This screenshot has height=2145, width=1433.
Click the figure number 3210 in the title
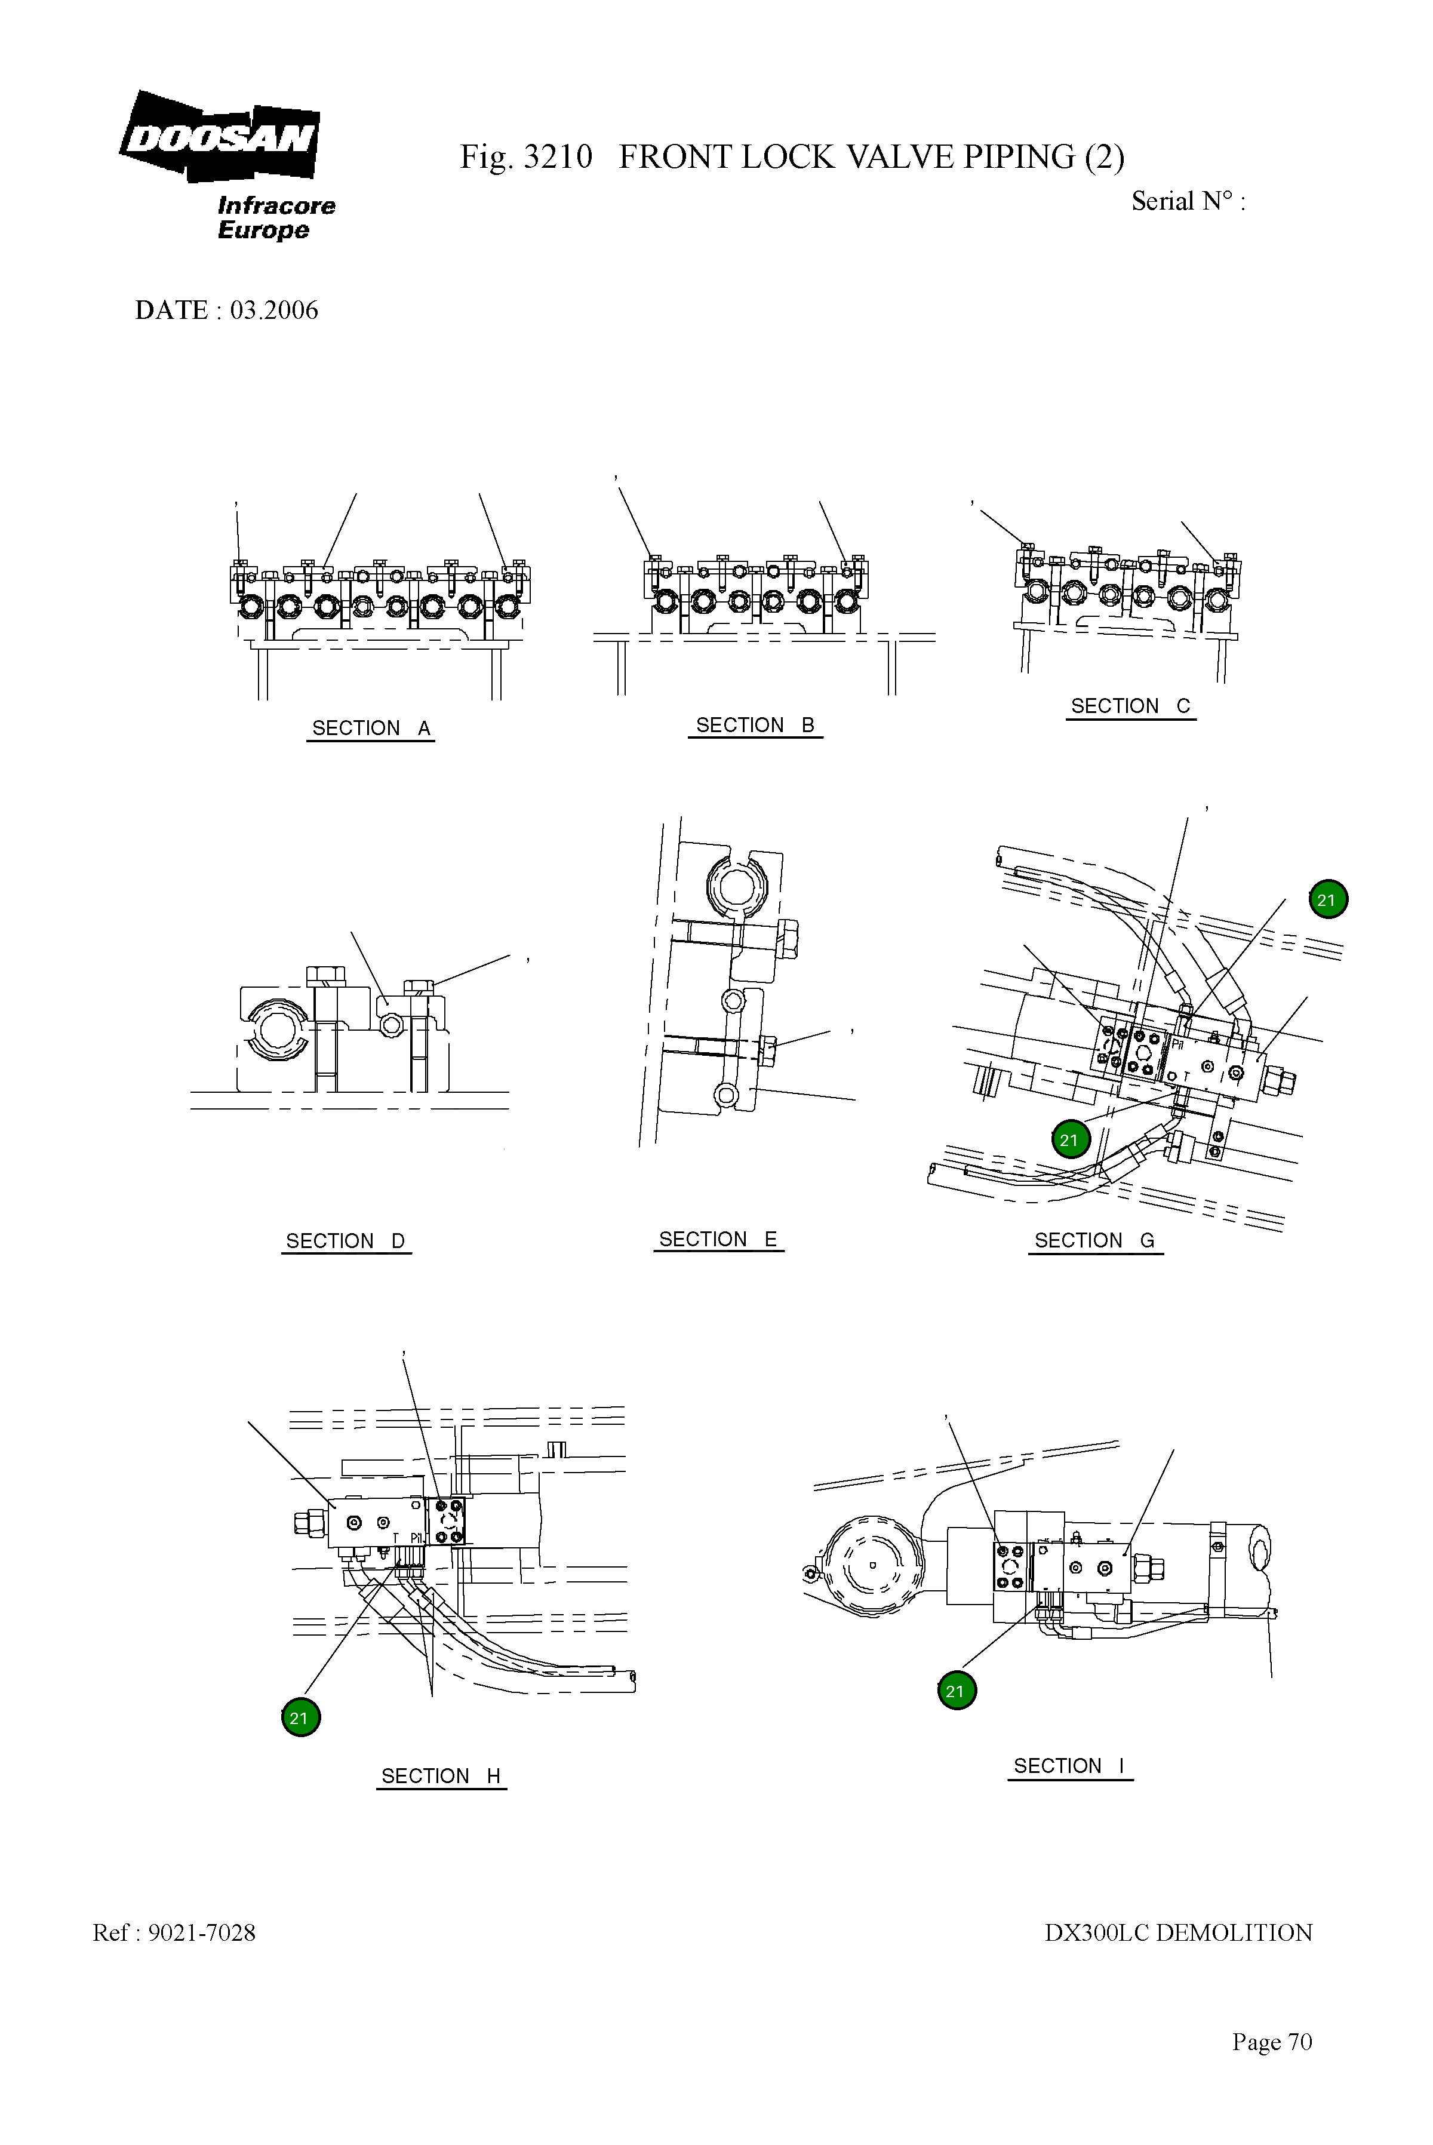click(558, 157)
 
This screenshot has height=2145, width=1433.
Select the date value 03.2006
click(274, 311)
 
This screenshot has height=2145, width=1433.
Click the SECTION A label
click(370, 729)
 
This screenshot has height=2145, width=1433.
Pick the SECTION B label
click(755, 726)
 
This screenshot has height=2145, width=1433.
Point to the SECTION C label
click(1130, 706)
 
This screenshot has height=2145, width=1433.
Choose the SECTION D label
click(346, 1241)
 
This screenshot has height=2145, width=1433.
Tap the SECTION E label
click(718, 1239)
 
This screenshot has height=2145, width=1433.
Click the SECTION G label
click(1095, 1241)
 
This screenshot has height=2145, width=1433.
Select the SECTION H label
click(441, 1776)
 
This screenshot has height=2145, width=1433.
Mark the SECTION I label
click(1069, 1766)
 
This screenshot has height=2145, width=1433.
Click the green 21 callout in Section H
click(300, 1718)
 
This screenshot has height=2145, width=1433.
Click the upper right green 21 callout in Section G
click(1327, 901)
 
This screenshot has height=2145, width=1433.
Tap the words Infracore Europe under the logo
click(276, 217)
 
